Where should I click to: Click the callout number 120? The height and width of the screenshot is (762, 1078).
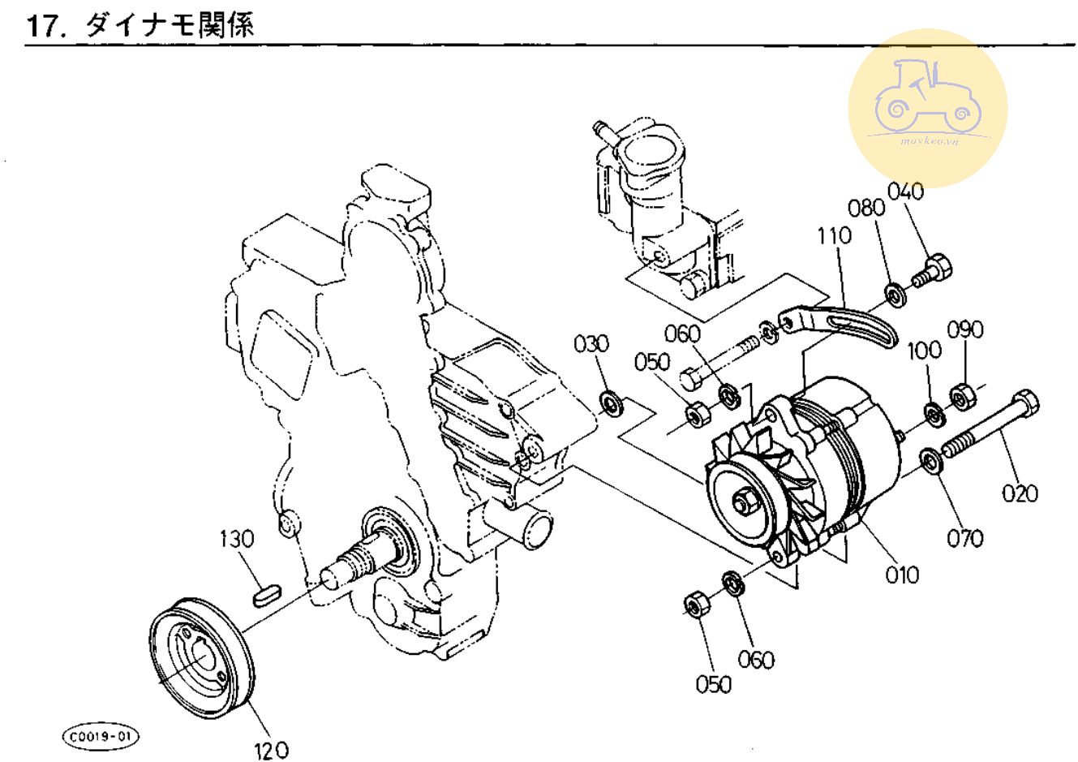click(x=271, y=751)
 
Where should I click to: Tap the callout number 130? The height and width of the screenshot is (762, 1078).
click(x=237, y=539)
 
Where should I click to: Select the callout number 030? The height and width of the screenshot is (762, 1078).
click(x=591, y=344)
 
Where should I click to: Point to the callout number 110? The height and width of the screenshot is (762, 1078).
click(x=835, y=235)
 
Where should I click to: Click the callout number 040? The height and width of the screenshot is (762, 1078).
click(x=905, y=192)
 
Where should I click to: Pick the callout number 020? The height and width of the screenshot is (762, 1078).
click(x=1020, y=493)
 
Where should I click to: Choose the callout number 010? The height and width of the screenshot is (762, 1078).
click(x=902, y=575)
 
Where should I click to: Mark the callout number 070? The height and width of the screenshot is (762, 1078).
click(x=965, y=538)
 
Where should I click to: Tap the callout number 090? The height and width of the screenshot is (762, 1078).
click(x=965, y=329)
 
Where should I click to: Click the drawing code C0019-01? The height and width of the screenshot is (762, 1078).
click(x=100, y=737)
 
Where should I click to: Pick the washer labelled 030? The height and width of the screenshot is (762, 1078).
click(x=611, y=403)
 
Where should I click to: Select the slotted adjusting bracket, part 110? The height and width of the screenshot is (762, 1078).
click(x=844, y=325)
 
